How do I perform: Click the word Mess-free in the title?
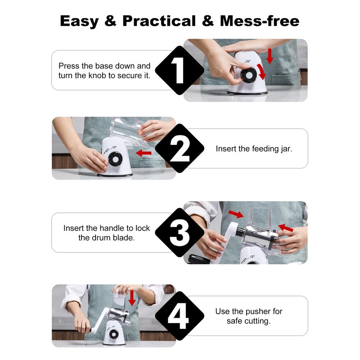click(260, 21)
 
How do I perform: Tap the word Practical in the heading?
click(159, 21)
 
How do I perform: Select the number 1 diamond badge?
click(180, 70)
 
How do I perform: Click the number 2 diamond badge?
click(180, 148)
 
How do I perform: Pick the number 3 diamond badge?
click(180, 232)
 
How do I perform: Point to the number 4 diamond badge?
click(180, 316)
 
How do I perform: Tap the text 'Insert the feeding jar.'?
click(254, 149)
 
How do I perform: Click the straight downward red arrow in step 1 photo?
click(270, 56)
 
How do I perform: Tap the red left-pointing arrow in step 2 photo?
click(144, 153)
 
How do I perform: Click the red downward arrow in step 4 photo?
click(132, 298)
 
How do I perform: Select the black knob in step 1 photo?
click(249, 75)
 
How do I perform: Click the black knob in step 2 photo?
click(115, 159)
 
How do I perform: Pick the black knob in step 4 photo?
click(114, 334)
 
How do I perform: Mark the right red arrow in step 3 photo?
click(286, 228)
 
